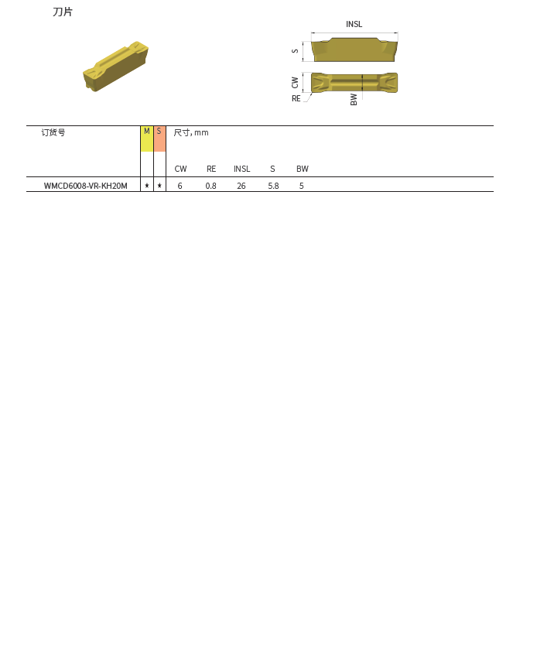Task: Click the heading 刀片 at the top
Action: point(63,12)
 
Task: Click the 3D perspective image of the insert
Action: point(115,67)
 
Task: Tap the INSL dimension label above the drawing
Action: point(354,24)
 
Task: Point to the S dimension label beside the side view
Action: point(295,51)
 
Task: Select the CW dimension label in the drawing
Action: point(295,83)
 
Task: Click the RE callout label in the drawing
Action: point(296,98)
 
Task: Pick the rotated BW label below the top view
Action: point(354,99)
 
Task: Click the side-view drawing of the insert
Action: point(354,50)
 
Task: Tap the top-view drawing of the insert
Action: point(354,83)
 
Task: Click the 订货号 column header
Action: point(53,132)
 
